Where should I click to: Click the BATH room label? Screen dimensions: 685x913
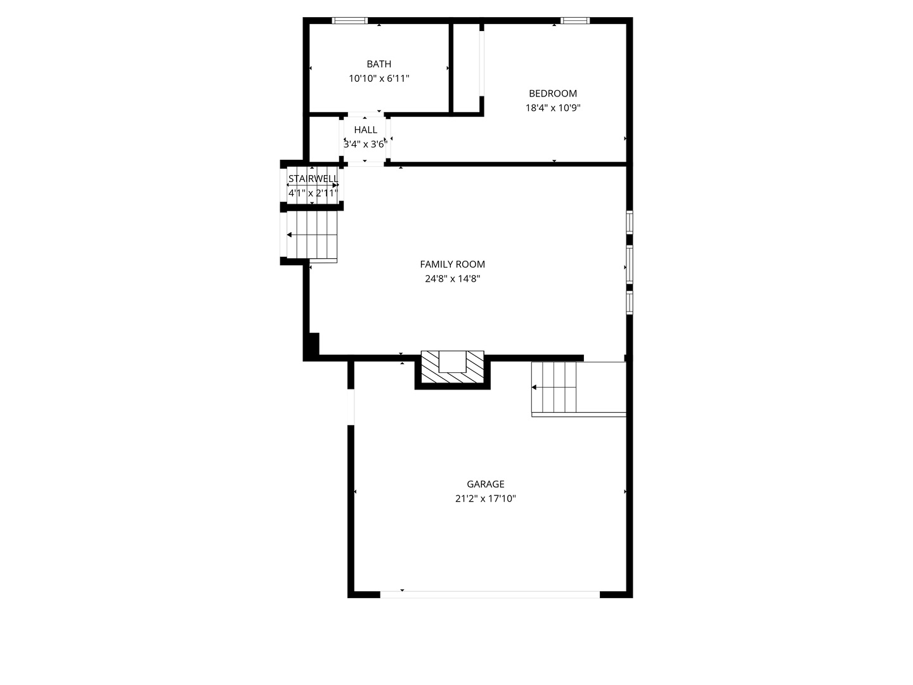click(x=379, y=64)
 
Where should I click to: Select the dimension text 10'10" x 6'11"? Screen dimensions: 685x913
click(x=379, y=79)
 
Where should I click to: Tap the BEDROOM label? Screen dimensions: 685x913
click(x=553, y=93)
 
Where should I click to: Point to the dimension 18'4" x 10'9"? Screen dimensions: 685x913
click(x=553, y=108)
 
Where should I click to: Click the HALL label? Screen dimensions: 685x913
click(x=366, y=130)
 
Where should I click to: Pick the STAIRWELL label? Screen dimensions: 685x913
click(x=313, y=179)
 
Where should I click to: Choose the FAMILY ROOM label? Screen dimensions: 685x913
click(x=452, y=264)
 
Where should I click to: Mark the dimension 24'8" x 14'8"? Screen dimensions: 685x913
click(x=452, y=279)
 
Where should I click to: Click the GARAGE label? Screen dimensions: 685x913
click(x=486, y=485)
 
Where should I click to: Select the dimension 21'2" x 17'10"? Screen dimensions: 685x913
click(x=486, y=499)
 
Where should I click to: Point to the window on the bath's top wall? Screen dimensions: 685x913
click(x=350, y=20)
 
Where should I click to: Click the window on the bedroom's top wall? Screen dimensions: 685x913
click(x=575, y=20)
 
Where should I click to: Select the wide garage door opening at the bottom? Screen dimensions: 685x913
click(x=489, y=594)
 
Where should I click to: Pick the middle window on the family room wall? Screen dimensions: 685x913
click(x=630, y=263)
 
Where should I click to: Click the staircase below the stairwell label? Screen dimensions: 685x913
click(x=312, y=235)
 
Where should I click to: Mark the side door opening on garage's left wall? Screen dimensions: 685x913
click(x=351, y=406)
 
